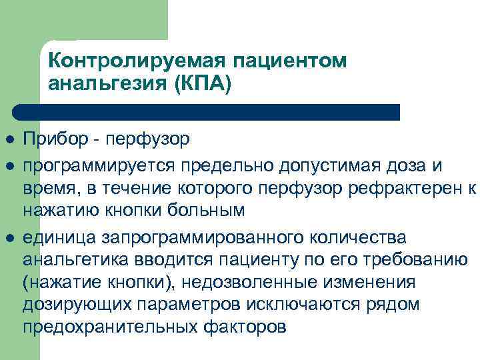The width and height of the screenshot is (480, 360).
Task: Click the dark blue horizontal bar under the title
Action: (207, 112)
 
